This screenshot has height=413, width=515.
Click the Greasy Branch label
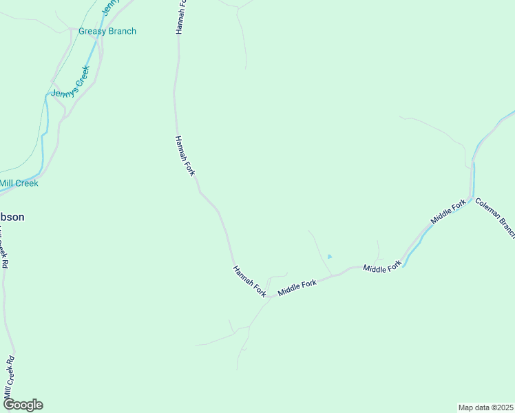pyautogui.click(x=107, y=31)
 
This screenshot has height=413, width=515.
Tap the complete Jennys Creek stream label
pyautogui.click(x=71, y=87)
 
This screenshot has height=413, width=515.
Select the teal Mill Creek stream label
pyautogui.click(x=19, y=183)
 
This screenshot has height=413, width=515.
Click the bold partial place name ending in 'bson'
pyautogui.click(x=12, y=217)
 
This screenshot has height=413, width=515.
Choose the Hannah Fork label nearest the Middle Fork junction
pyautogui.click(x=250, y=281)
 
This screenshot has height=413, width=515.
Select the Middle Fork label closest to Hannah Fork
pyautogui.click(x=297, y=288)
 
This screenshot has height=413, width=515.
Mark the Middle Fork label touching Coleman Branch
pyautogui.click(x=449, y=211)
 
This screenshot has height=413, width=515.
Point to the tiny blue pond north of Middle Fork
pyautogui.click(x=330, y=257)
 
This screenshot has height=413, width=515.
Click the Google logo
pyautogui.click(x=23, y=405)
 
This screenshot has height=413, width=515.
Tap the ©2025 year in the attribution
pyautogui.click(x=503, y=407)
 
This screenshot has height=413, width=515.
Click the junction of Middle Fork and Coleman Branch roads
pyautogui.click(x=471, y=202)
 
